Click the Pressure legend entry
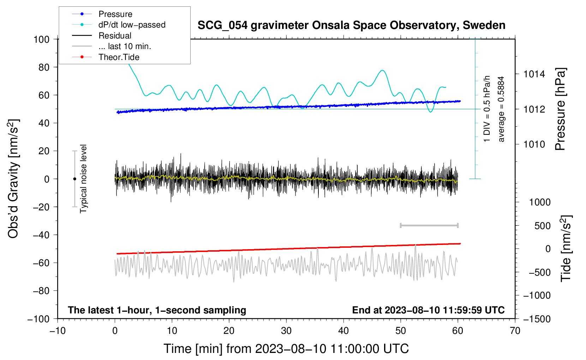coord(115,14)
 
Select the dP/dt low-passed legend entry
coord(132,25)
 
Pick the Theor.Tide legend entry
coord(119,57)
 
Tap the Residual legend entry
coord(115,36)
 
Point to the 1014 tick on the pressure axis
coord(534,74)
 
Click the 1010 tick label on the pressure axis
coord(534,144)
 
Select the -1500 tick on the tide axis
coord(537,319)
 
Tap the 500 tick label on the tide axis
coord(542,226)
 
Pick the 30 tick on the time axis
coord(286,331)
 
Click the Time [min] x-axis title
coord(286,349)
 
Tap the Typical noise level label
coord(83,179)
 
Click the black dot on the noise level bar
coord(74,179)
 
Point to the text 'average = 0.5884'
coord(501,109)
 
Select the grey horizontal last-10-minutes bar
coord(429,226)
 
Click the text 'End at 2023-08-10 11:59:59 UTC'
coord(428,310)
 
